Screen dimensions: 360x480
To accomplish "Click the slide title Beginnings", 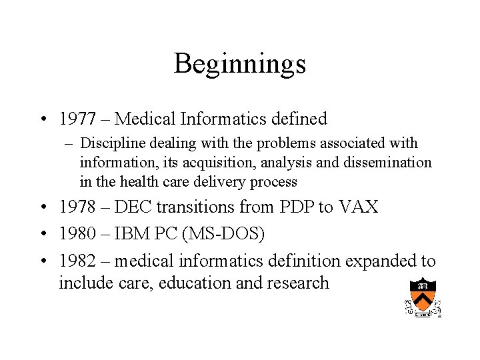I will point(240,64).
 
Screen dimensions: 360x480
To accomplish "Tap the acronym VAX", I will point(358,207).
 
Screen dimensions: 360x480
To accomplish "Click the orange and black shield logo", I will point(423,295).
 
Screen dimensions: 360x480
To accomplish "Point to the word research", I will point(298,283).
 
